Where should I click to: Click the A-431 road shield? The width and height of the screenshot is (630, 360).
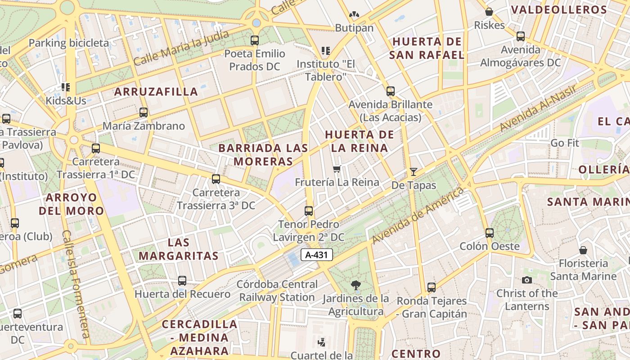317,255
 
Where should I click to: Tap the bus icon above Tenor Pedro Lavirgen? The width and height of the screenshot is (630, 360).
309,211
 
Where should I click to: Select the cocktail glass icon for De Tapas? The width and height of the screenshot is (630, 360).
414,171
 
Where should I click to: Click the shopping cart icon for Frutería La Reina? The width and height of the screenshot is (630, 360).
337,169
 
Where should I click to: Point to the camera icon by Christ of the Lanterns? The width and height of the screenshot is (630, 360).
526,280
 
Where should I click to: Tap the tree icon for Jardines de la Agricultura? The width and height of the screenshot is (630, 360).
355,285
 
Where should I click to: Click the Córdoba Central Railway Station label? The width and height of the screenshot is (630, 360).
277,291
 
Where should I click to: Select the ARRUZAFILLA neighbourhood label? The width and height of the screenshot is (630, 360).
156,92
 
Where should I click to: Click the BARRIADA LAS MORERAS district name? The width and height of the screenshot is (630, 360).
263,154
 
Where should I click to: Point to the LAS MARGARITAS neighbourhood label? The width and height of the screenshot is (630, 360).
179,249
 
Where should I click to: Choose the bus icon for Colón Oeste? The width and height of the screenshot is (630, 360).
490,233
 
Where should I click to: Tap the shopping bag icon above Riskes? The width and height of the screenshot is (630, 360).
489,12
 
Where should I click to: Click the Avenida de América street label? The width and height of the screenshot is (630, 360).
418,216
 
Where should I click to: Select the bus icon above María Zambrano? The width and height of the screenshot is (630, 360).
144,112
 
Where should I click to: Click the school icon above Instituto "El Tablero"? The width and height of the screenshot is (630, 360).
325,50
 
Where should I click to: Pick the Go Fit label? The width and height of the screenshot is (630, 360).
565,143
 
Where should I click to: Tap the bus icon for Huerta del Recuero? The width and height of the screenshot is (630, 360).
182,281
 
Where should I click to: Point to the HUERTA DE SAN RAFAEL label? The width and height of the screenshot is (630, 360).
427,48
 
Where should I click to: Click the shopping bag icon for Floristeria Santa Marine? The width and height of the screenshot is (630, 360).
583,250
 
